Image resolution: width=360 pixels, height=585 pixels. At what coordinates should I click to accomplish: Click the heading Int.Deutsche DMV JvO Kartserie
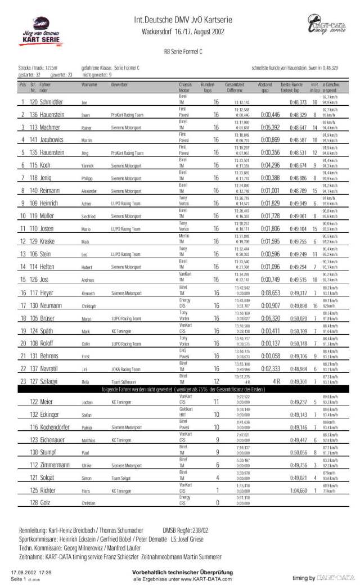tap(179, 19)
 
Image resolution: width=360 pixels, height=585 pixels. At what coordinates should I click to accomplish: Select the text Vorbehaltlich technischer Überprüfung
tap(179, 572)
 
